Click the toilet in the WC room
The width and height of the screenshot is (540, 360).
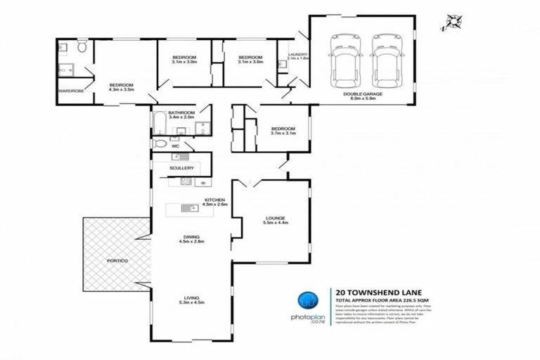tap(160, 143)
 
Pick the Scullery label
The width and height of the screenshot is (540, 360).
tap(181, 168)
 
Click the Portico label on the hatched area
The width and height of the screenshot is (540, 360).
tap(118, 261)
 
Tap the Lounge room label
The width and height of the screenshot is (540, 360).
tap(275, 219)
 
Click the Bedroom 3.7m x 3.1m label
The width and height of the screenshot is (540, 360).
tap(284, 131)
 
